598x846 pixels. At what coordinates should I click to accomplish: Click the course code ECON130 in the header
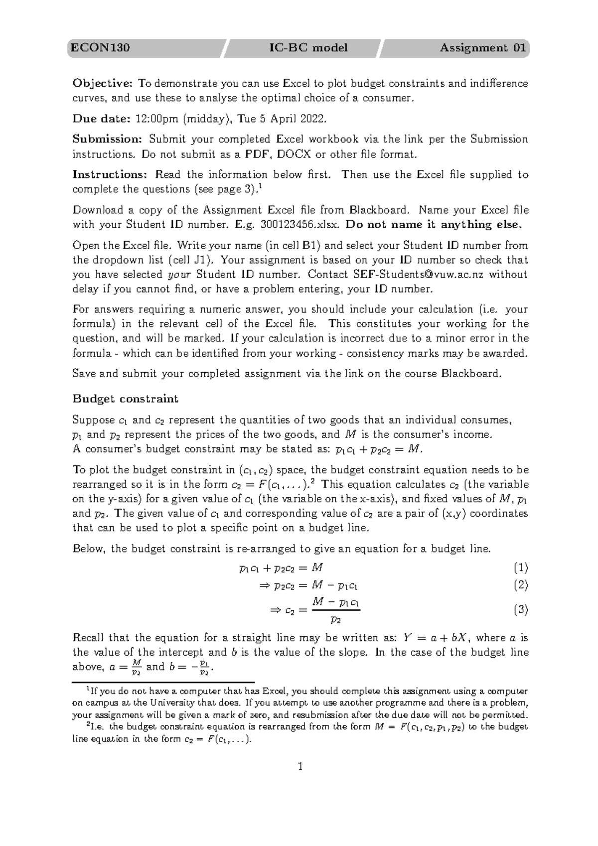pos(100,48)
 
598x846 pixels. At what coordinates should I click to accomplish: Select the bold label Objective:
pos(103,83)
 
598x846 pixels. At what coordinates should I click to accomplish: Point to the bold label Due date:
pos(101,119)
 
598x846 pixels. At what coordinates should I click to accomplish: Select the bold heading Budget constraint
pos(125,399)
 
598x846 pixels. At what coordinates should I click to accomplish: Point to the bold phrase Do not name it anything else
pos(434,224)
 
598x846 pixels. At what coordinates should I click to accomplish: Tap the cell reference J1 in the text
pos(205,260)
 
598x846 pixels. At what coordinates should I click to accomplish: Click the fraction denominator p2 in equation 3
pos(336,620)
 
